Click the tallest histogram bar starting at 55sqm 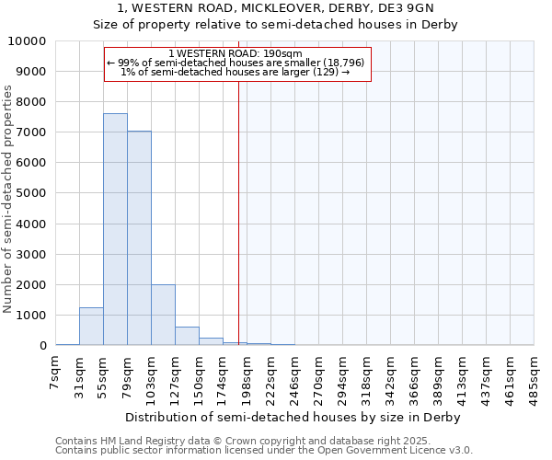[x=115, y=230]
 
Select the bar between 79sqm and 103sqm [x=139, y=239]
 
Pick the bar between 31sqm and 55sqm [x=91, y=327]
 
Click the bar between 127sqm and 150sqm [x=187, y=336]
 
